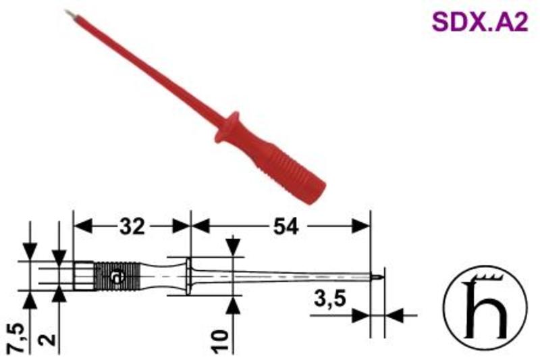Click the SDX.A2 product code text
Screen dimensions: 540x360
point(480,22)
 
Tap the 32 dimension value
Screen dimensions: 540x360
point(132,227)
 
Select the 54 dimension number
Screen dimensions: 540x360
point(286,227)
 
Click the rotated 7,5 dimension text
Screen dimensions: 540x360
point(17,338)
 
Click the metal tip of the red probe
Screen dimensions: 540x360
point(68,13)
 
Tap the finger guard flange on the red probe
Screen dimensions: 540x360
point(227,127)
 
